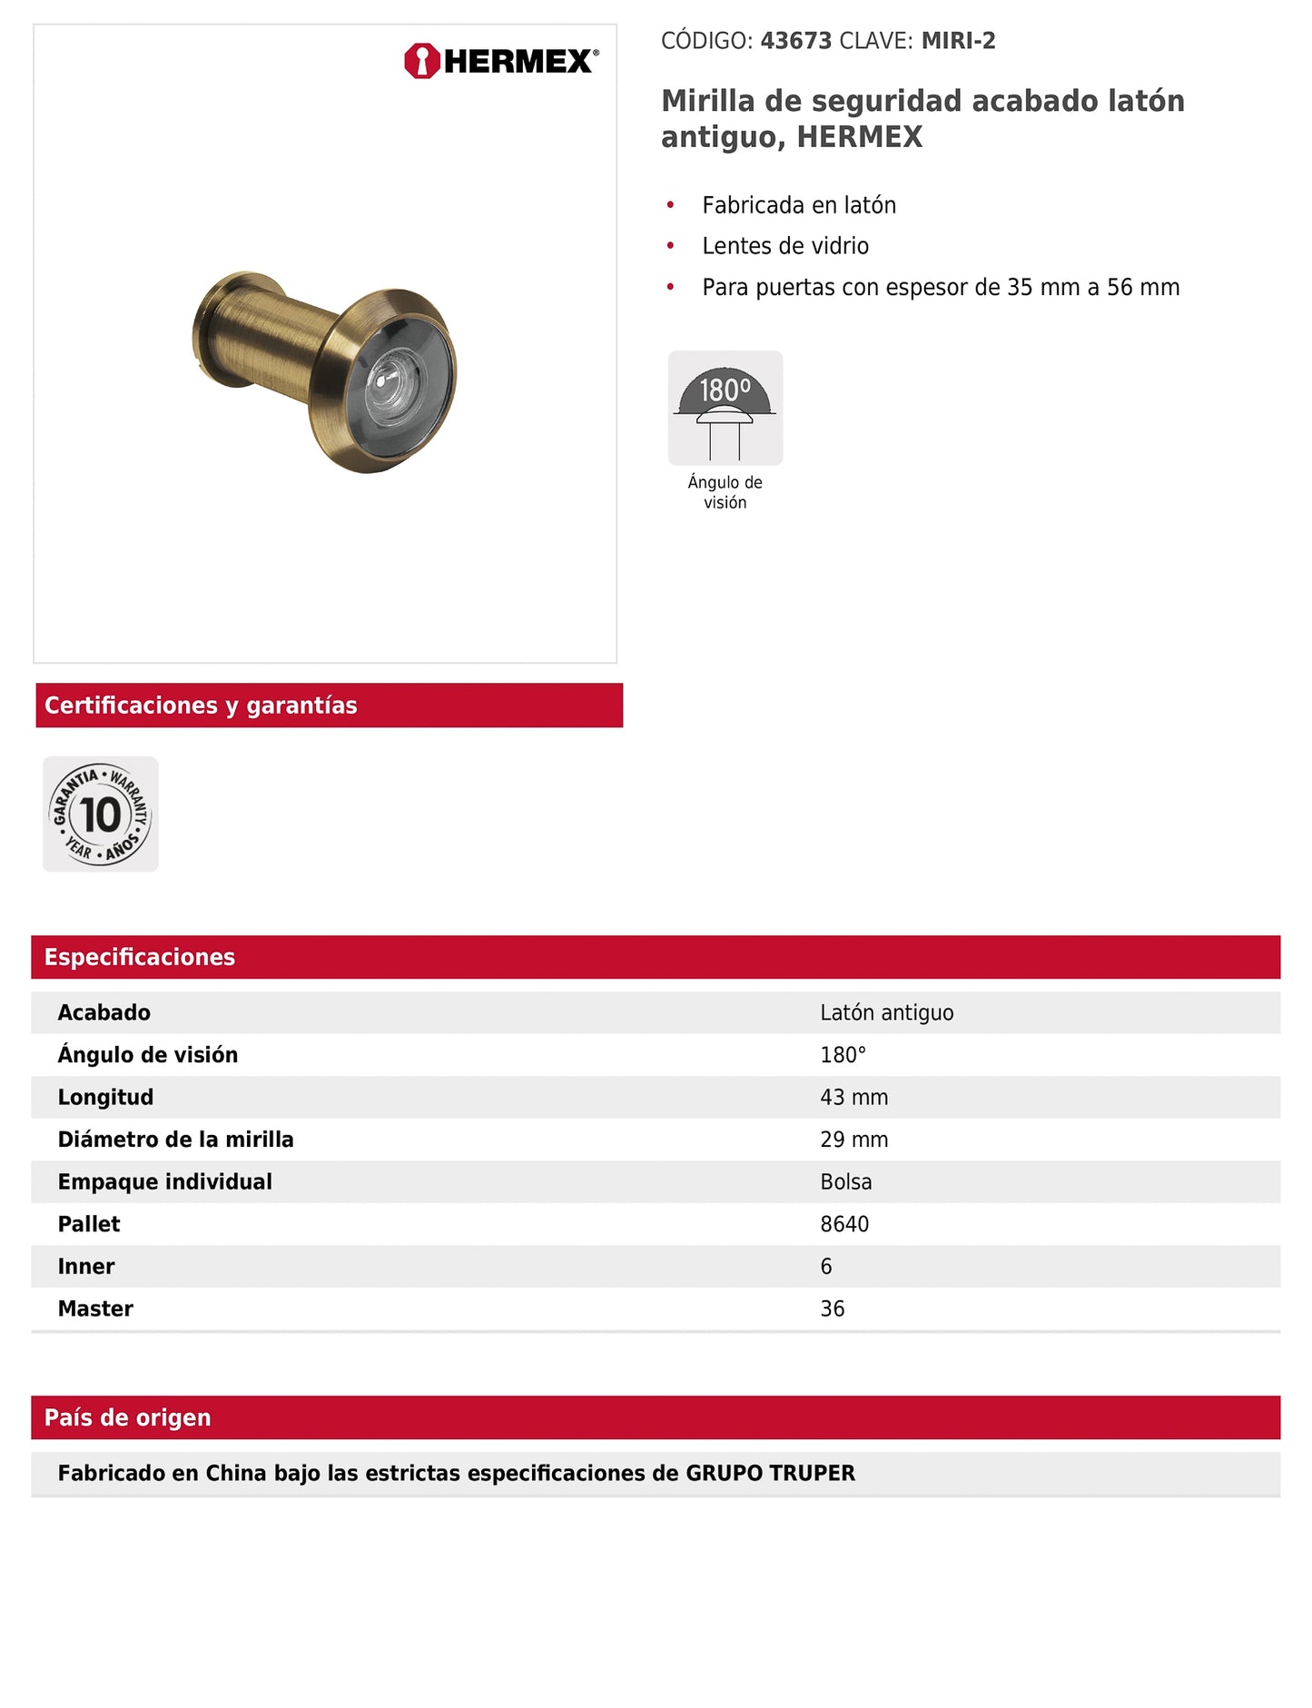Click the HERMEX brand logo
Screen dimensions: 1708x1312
[501, 61]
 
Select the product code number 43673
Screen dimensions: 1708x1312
[795, 41]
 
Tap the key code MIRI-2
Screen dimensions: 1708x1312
[958, 41]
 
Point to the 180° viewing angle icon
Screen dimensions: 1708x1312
[725, 408]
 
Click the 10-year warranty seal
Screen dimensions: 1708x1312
[101, 814]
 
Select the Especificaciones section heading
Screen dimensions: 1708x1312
[140, 957]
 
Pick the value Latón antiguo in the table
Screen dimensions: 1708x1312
[886, 1012]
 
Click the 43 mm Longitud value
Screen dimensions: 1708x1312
[853, 1097]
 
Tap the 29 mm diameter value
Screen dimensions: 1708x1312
[853, 1140]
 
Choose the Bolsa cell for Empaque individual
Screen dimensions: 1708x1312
[845, 1181]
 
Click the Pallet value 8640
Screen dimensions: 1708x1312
[844, 1224]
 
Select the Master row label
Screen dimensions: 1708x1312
[95, 1308]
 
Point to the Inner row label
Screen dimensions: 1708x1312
[86, 1267]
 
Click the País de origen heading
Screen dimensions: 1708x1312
[127, 1417]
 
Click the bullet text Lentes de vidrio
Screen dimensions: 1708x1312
[785, 246]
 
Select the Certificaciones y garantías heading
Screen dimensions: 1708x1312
[201, 706]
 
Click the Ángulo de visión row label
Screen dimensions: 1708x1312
[148, 1055]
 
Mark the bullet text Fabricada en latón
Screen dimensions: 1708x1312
[799, 205]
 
